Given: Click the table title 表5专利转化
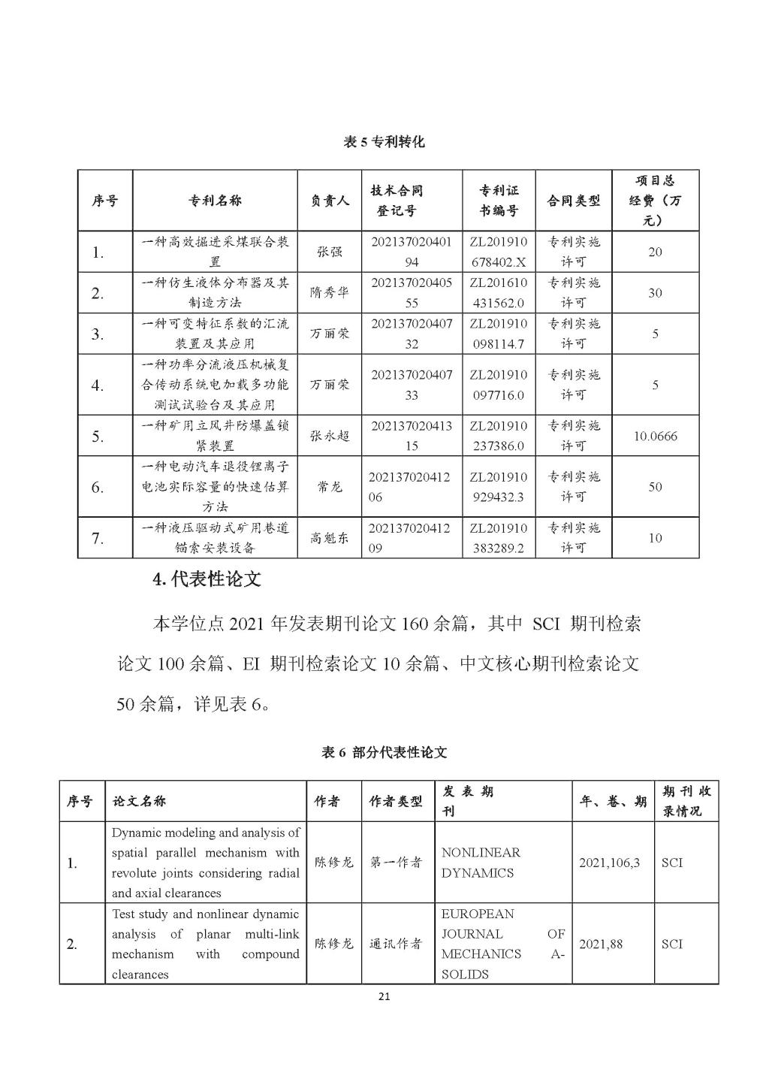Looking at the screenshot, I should click(x=384, y=141).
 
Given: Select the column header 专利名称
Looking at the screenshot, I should click(x=215, y=201).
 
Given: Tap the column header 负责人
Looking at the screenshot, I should click(x=330, y=201).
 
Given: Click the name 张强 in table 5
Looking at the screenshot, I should click(x=330, y=252).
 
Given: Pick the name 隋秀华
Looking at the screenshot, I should click(x=330, y=293).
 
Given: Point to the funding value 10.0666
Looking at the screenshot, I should click(x=655, y=436).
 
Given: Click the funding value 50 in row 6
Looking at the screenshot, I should click(x=655, y=487).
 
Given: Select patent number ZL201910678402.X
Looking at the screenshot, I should click(x=498, y=252).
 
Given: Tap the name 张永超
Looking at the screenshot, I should click(x=330, y=436).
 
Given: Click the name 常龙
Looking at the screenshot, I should click(x=330, y=487).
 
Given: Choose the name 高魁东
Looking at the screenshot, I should click(x=330, y=538).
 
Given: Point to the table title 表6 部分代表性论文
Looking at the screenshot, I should click(x=384, y=752).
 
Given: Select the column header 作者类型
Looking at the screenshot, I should click(x=396, y=802).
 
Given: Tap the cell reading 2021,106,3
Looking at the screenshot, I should click(x=609, y=863).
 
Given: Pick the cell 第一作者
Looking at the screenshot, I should click(x=396, y=863).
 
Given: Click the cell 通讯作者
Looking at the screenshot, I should click(x=396, y=944).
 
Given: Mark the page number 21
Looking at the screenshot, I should click(x=384, y=997).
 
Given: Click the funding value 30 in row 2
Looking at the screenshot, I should click(x=655, y=293).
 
